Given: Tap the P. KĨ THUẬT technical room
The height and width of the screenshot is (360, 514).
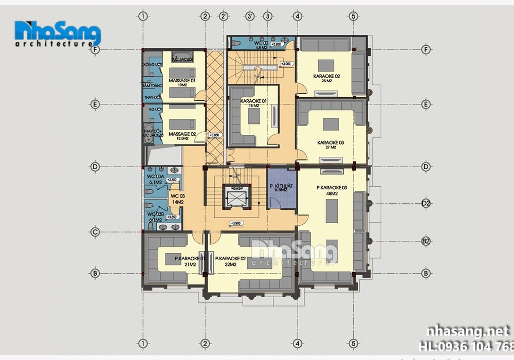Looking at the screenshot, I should (x=281, y=188).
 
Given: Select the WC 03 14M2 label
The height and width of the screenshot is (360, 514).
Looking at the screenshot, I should (x=177, y=199).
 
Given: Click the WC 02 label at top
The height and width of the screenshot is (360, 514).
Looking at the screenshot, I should (x=262, y=44).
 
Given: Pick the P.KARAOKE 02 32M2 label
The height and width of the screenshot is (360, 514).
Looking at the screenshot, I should (x=229, y=261).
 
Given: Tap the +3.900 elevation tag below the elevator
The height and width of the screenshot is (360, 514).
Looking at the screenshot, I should (x=236, y=223).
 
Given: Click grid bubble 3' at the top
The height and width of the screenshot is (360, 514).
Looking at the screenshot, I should (x=249, y=16).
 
